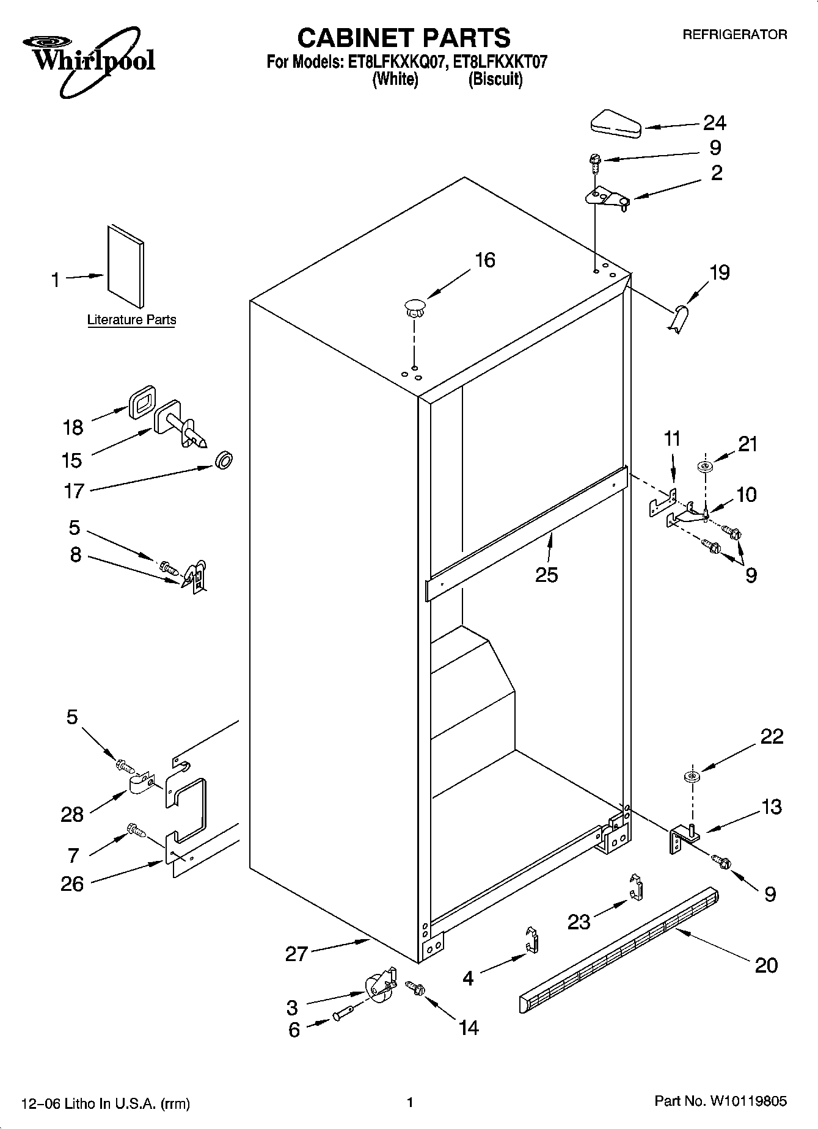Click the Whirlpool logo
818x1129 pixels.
89,61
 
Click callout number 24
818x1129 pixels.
714,123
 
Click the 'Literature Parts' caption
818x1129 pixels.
131,319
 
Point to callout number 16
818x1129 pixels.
485,260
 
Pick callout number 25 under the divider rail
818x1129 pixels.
546,575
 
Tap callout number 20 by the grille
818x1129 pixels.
766,965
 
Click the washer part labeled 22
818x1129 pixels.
692,777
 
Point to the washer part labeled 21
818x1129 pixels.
706,467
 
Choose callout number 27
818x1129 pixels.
296,953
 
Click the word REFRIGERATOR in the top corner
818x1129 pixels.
734,35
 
